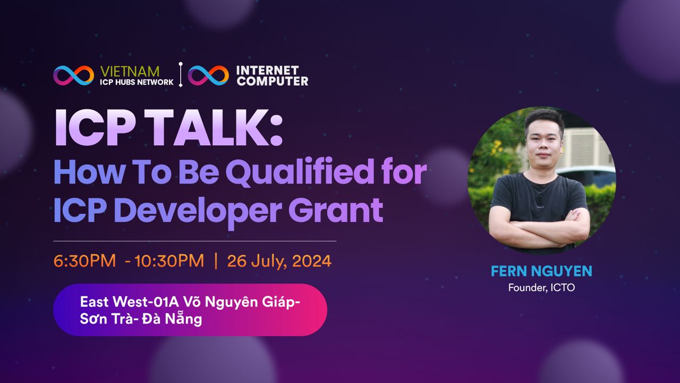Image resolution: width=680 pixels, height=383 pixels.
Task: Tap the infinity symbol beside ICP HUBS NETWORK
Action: click(x=73, y=76)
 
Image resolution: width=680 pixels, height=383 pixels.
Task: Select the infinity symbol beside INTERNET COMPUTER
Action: click(x=208, y=76)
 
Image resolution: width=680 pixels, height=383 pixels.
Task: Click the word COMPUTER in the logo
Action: click(x=273, y=81)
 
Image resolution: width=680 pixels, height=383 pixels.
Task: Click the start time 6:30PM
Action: click(x=84, y=261)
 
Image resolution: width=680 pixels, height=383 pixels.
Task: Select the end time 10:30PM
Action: click(x=169, y=261)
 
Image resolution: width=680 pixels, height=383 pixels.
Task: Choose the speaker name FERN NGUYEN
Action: click(x=541, y=271)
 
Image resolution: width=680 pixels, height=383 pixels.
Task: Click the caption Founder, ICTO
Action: click(x=541, y=288)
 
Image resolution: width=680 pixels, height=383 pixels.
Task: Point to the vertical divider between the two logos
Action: click(x=181, y=75)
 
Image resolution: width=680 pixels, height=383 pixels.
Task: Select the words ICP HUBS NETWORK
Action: click(x=137, y=82)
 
